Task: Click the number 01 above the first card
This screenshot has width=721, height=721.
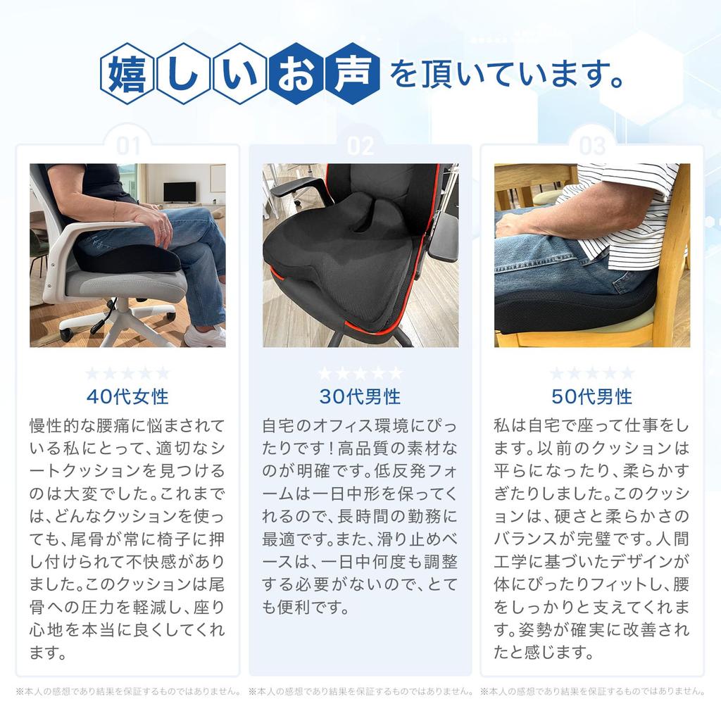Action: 128,146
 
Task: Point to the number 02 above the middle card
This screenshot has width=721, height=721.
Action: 360,146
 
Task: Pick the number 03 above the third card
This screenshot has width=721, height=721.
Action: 592,146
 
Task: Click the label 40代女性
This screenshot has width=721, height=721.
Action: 127,396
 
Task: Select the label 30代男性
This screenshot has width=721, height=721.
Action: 360,396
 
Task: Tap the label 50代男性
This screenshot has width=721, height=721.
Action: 592,396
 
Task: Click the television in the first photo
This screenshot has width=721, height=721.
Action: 179,192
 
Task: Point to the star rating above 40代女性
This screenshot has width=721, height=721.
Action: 127,373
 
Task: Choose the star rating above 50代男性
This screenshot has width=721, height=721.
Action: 592,373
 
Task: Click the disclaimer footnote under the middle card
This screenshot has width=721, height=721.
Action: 360,691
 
